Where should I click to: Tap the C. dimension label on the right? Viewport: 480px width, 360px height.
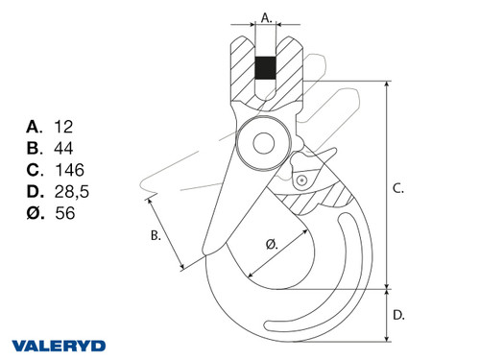(x=398, y=189)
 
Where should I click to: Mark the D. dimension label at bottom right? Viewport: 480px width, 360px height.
(x=398, y=314)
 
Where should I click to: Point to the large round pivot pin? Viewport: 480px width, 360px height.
(x=263, y=144)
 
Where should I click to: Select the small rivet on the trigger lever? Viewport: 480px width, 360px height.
(x=300, y=180)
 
